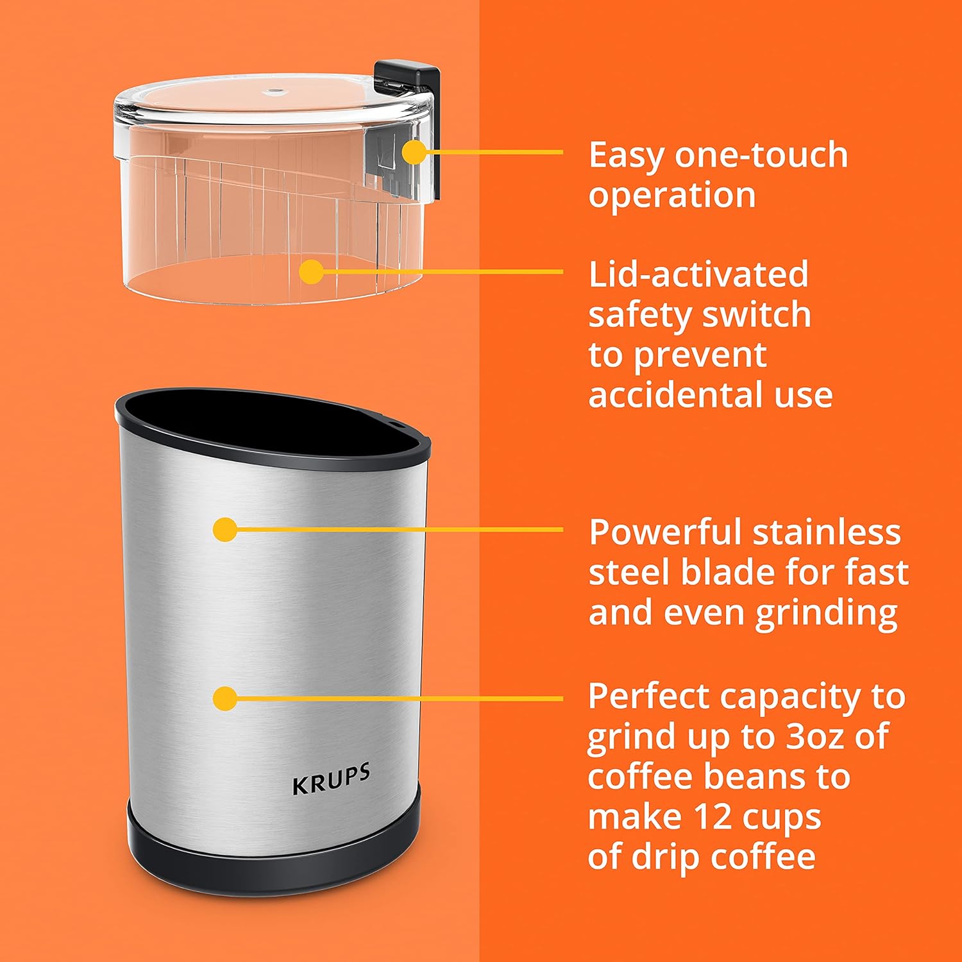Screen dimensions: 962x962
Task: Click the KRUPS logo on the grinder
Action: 331,779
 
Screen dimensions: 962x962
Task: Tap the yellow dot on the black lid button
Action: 415,153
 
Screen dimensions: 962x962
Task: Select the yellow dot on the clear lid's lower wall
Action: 311,271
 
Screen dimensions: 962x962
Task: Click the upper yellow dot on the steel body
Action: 225,530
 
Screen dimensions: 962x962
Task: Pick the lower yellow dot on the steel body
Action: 225,698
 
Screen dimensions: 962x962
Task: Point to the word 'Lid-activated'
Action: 698,274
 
